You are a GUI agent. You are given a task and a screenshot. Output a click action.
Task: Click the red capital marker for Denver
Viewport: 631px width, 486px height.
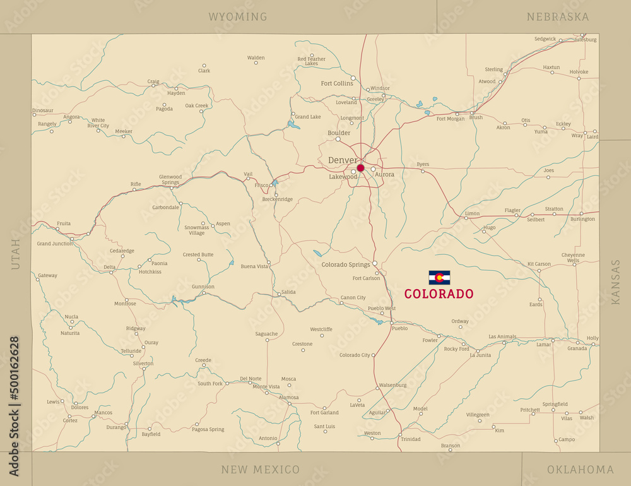pos(360,168)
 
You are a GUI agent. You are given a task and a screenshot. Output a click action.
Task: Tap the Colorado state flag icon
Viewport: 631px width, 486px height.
pos(439,278)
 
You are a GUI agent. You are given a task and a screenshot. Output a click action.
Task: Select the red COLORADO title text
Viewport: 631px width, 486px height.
pos(439,294)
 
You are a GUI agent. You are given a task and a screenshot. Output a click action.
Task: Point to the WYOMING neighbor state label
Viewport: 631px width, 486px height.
pos(238,17)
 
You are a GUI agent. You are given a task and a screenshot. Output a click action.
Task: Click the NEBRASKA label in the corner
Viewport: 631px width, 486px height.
pos(558,17)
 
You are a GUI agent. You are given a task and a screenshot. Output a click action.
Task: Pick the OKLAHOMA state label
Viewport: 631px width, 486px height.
pos(580,470)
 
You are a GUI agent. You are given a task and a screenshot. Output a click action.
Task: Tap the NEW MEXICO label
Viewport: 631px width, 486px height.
pos(260,470)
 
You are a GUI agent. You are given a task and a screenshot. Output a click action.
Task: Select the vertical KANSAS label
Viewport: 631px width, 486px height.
pos(616,282)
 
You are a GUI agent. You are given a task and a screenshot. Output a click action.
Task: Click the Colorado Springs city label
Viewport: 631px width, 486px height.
pos(345,264)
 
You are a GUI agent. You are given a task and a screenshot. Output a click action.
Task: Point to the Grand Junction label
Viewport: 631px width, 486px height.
pos(55,244)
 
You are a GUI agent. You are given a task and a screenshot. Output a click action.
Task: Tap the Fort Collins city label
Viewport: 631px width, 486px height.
pos(337,83)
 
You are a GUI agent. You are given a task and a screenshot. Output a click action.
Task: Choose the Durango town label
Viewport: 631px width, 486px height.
pos(116,427)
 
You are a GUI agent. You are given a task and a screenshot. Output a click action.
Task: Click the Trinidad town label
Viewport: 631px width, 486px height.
pos(410,439)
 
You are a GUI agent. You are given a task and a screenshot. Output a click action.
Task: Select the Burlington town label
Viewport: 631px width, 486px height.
pos(582,219)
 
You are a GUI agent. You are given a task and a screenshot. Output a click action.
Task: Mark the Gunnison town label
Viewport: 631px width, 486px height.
pos(203,287)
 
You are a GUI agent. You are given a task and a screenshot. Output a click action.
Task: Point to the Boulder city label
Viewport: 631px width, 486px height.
pos(339,133)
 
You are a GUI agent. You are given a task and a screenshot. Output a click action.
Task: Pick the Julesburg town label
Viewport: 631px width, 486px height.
pos(584,39)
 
